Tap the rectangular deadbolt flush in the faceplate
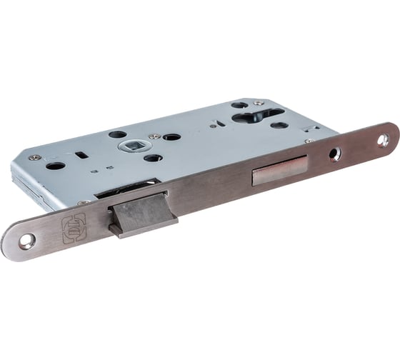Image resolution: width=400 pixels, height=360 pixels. [x=279, y=169]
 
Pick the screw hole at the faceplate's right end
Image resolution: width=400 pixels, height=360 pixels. [x=384, y=139]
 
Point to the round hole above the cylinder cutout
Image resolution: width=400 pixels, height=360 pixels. [x=240, y=105]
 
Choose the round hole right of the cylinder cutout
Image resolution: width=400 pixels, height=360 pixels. [x=279, y=126]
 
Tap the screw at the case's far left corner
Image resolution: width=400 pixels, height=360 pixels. [x=32, y=157]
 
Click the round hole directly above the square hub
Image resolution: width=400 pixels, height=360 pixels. [x=118, y=134]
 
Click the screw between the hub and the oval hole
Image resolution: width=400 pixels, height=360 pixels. [x=154, y=136]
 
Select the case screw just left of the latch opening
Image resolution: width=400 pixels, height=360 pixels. [x=85, y=203]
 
